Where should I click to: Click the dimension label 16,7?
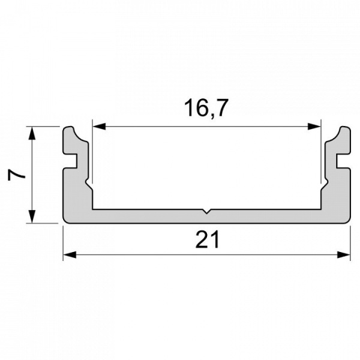206,108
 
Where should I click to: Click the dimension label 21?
208,239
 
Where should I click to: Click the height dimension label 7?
16,175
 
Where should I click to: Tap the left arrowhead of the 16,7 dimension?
99,126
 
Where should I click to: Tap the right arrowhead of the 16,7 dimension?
314,126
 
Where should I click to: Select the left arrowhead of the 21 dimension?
70,254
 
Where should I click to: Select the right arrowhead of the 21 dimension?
344,254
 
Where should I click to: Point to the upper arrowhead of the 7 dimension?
32,133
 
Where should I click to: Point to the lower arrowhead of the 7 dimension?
32,216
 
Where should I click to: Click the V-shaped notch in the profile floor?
206,211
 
